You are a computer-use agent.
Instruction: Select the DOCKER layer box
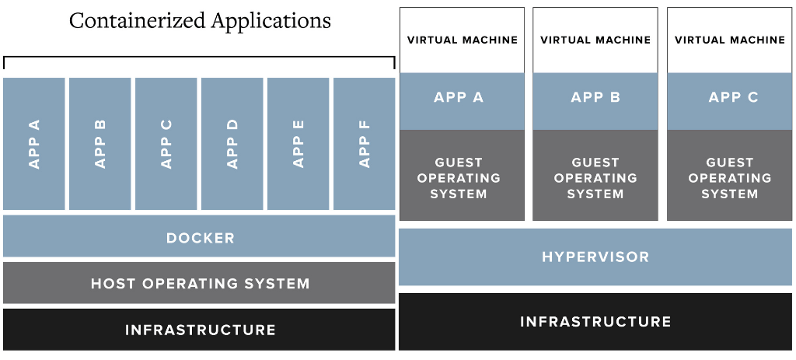point(199,237)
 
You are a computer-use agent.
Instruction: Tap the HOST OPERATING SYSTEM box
point(199,283)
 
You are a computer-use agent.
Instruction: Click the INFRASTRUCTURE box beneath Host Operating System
point(199,330)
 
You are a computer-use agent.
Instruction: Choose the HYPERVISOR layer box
point(595,257)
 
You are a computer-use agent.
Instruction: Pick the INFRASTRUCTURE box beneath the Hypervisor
point(595,321)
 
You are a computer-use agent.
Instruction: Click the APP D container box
point(232,144)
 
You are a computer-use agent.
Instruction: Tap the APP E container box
point(298,144)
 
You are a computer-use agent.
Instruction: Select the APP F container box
point(364,144)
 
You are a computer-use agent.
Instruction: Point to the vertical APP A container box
point(34,144)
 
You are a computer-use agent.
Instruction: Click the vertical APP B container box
point(99,144)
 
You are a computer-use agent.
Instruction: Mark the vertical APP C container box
point(166,144)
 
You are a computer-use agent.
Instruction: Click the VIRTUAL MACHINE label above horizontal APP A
point(462,40)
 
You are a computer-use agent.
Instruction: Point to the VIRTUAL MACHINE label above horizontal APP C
point(730,40)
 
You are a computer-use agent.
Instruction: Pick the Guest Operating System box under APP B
point(595,177)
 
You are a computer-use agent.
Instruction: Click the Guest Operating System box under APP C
point(730,177)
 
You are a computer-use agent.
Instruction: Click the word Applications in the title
point(267,21)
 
